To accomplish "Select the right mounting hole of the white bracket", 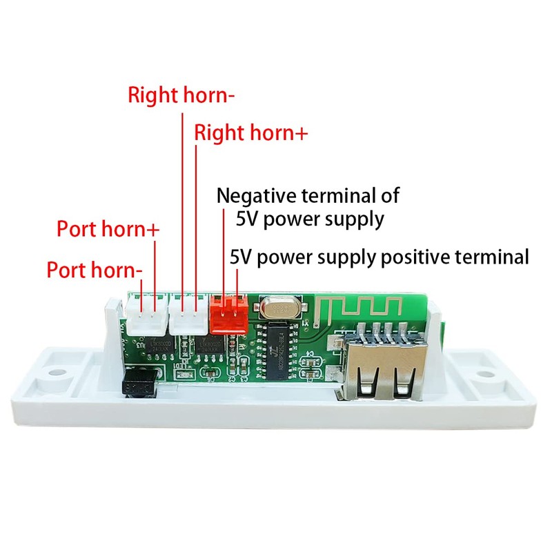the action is tap(489, 373).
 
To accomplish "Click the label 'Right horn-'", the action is tap(181, 95).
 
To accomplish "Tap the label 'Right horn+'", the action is tap(250, 132).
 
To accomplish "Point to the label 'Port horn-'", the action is tap(95, 269).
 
